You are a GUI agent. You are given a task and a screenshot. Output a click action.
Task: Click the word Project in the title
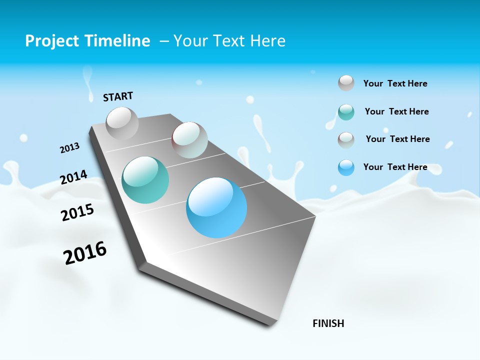[49, 41]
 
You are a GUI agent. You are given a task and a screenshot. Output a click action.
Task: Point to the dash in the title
[163, 41]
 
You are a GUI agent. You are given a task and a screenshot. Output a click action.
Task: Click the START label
[118, 96]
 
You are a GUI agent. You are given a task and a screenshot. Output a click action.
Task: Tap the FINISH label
[328, 323]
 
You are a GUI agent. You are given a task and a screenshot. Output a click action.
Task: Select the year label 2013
[69, 148]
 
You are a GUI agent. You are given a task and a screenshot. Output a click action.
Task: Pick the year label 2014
[73, 177]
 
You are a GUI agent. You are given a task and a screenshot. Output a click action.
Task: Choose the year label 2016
[85, 252]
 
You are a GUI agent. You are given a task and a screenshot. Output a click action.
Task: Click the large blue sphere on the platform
[216, 207]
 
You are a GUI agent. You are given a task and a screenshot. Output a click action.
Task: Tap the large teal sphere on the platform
[145, 180]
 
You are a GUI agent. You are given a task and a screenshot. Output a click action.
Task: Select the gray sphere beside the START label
[122, 123]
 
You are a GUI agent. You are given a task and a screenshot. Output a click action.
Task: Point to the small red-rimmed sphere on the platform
[189, 140]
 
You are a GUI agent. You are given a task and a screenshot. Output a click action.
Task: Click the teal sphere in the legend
[346, 112]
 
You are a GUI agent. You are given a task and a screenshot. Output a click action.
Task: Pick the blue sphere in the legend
[346, 167]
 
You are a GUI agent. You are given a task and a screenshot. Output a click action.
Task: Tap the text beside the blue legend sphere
[395, 167]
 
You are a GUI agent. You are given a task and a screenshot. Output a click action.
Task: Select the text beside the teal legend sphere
[396, 111]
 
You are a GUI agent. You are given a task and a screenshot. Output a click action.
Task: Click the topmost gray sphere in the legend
[346, 83]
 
